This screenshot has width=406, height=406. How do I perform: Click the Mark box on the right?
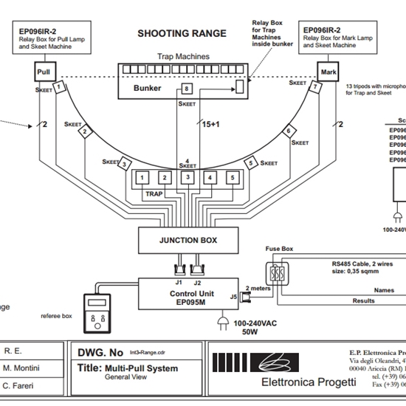[x=327, y=72]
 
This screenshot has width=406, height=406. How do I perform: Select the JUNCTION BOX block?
[x=188, y=240]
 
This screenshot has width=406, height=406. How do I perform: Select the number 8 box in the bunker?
[x=187, y=89]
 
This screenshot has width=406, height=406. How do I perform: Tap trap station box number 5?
[x=233, y=178]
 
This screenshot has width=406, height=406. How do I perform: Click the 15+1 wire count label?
[x=212, y=125]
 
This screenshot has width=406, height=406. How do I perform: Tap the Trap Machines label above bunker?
[x=182, y=56]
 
